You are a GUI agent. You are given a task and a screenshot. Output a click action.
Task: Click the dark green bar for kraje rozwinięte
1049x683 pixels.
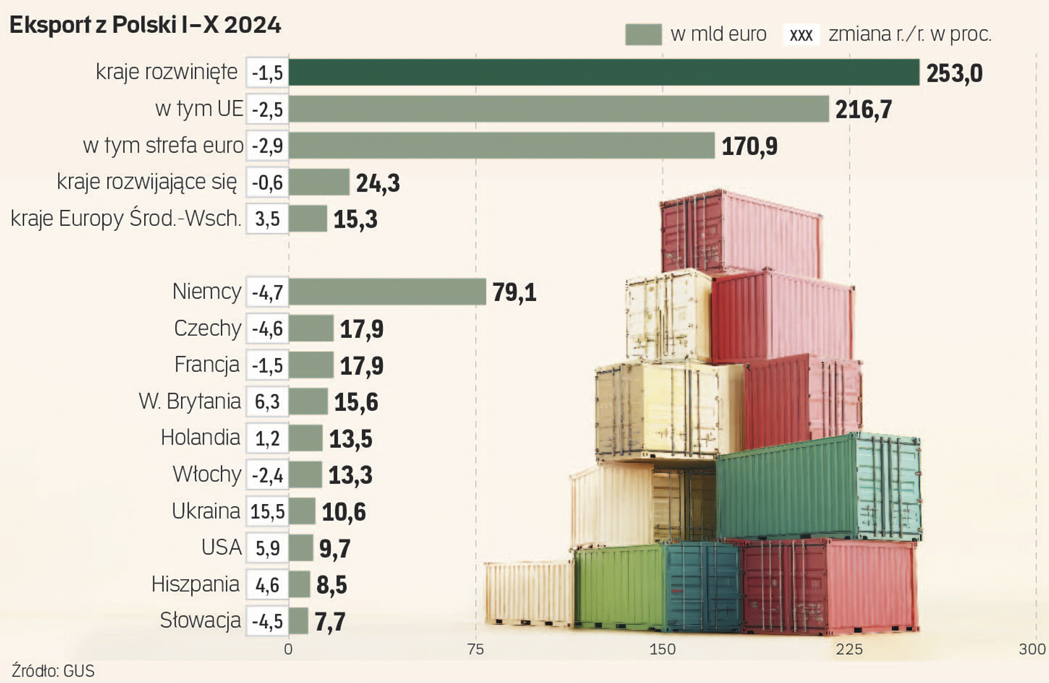click(x=604, y=72)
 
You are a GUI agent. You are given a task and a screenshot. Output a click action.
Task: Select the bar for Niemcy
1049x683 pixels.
click(x=387, y=292)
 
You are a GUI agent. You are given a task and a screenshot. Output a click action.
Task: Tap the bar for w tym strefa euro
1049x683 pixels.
click(x=501, y=145)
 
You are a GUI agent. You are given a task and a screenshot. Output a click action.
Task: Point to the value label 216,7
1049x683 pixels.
click(x=863, y=109)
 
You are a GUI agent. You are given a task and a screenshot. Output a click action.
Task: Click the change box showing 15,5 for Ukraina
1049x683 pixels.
click(x=267, y=511)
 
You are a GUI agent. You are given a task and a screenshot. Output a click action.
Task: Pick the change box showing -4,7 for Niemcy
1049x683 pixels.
click(x=267, y=292)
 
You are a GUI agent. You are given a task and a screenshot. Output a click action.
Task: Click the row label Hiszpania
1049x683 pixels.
click(x=196, y=584)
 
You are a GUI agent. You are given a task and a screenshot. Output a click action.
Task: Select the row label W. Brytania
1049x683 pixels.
click(x=190, y=402)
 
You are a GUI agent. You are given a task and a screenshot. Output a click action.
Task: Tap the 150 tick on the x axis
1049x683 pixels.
click(x=662, y=649)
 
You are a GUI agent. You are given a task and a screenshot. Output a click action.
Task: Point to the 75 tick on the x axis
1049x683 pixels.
click(x=475, y=649)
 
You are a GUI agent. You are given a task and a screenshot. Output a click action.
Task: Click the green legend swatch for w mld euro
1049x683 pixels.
click(x=643, y=34)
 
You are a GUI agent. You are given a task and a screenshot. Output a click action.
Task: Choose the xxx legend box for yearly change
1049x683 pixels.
click(x=801, y=34)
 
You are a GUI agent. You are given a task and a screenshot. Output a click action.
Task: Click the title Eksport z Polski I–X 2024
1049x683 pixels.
click(x=145, y=25)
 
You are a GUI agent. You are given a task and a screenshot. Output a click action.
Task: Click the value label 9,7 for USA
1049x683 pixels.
click(x=335, y=548)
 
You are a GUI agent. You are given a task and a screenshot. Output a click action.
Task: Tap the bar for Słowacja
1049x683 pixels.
click(x=299, y=621)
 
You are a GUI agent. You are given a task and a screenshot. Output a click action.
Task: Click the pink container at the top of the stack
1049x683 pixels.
click(x=740, y=233)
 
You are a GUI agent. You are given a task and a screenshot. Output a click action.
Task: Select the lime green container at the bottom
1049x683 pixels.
click(x=618, y=587)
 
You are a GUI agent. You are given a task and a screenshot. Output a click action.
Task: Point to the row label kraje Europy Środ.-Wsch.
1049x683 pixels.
click(x=126, y=219)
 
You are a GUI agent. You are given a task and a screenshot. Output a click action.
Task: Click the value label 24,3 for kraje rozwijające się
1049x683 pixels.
click(x=378, y=183)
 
